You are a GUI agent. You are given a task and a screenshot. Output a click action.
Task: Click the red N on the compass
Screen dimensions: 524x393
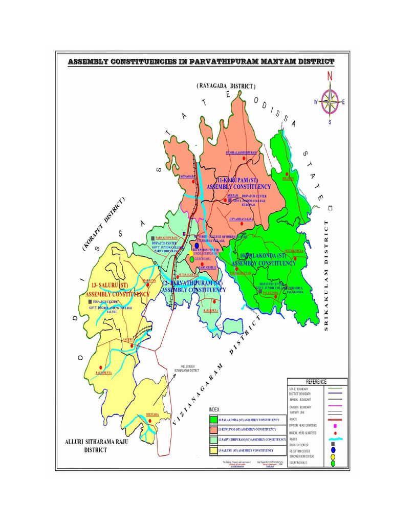pyautogui.click(x=330, y=76)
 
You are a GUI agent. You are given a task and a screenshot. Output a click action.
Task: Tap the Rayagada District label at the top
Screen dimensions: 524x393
pyautogui.click(x=226, y=86)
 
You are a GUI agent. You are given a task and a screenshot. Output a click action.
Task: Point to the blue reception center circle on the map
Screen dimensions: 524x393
pyautogui.click(x=197, y=246)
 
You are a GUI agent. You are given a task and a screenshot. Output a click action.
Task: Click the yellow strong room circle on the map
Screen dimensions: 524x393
pyautogui.click(x=192, y=253)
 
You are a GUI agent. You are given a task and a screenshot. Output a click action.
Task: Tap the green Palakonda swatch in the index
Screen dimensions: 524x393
pyautogui.click(x=213, y=420)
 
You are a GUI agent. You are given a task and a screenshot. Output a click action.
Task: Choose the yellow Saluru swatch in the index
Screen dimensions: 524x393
pyautogui.click(x=213, y=450)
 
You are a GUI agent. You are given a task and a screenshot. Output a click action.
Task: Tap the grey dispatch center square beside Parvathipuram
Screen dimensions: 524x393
pyautogui.click(x=152, y=238)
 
